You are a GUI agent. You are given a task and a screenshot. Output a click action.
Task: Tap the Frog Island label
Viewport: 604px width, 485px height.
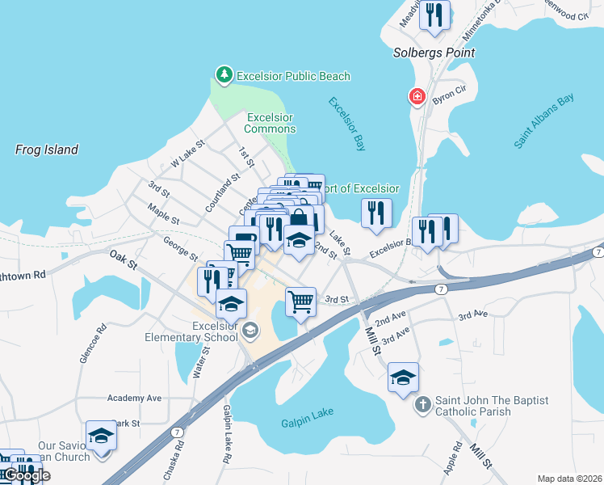[x=47, y=150]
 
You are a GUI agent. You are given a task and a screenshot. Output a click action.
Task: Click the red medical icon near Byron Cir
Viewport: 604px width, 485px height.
[x=417, y=97]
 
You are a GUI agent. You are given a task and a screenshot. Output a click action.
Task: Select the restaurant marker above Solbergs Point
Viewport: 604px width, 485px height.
[x=435, y=16]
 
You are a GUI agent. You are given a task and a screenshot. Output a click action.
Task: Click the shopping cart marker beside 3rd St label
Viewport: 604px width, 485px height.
[x=300, y=302]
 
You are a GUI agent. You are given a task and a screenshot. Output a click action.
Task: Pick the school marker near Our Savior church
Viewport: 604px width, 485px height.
[x=102, y=435]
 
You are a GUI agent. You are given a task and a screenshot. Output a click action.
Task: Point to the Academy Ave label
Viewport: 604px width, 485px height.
[x=135, y=398]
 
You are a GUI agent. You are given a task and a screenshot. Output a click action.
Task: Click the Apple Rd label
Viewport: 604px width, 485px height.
[x=452, y=458]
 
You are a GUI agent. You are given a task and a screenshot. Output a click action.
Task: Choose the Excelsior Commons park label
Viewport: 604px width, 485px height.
[x=270, y=123]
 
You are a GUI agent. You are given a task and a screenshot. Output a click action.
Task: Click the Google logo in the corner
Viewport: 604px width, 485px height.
[x=26, y=475]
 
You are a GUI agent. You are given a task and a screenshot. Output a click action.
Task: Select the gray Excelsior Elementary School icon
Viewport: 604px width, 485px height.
[x=250, y=329]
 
